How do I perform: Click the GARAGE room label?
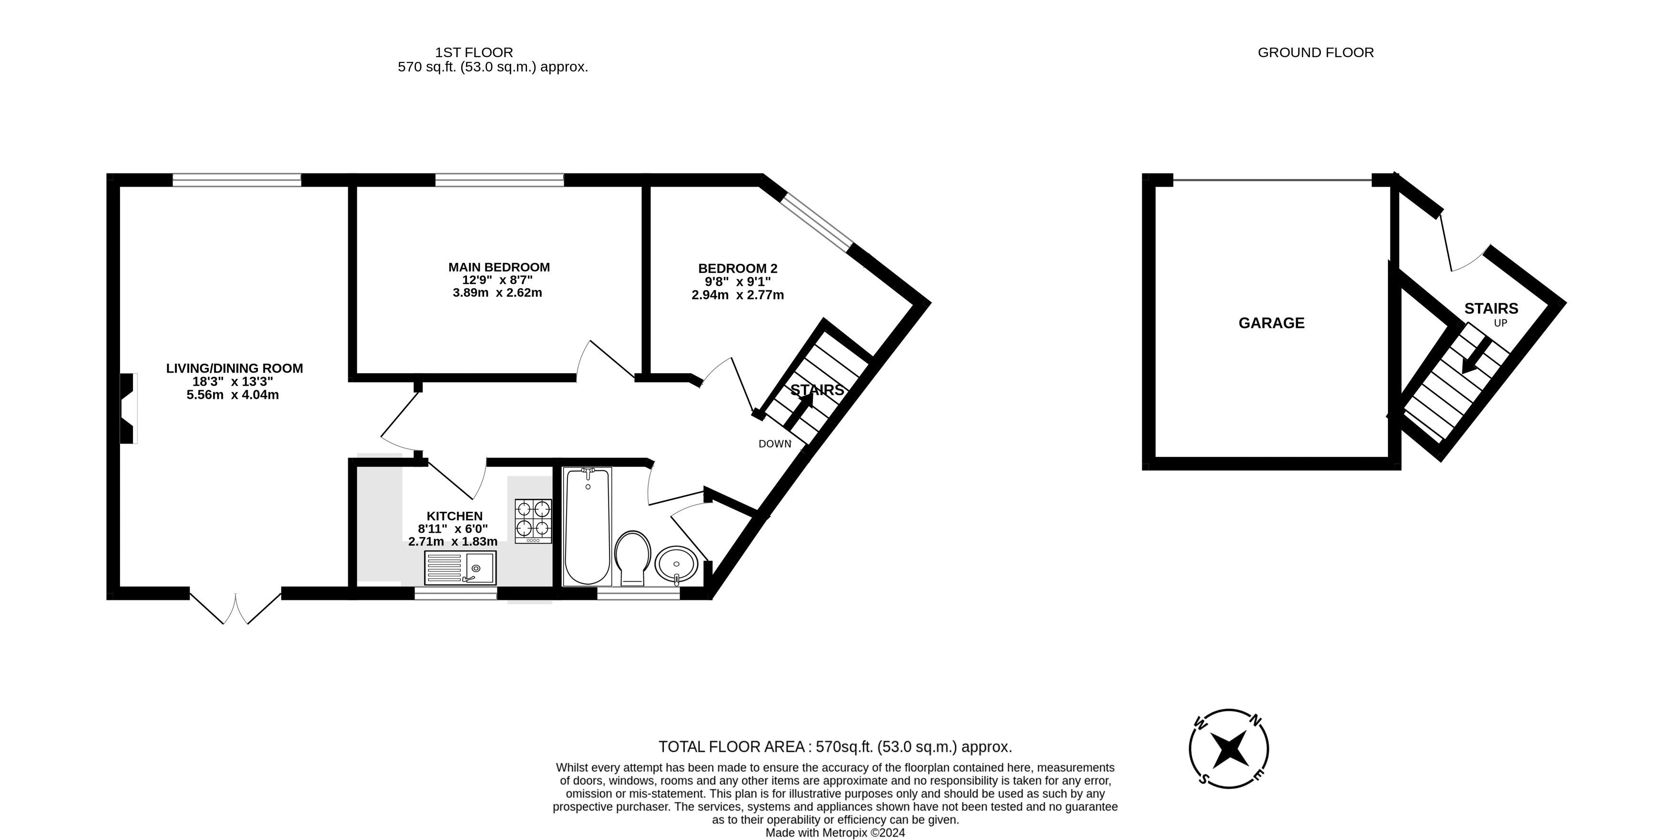pyautogui.click(x=1271, y=323)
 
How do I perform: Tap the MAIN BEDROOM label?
pyautogui.click(x=499, y=267)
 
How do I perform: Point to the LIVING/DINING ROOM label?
pyautogui.click(x=234, y=368)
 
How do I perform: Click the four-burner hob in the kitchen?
pyautogui.click(x=533, y=521)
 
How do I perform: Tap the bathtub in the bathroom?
pyautogui.click(x=587, y=526)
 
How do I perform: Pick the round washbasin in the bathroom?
pyautogui.click(x=676, y=564)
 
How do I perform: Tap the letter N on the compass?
pyautogui.click(x=1256, y=719)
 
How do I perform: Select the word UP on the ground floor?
pyautogui.click(x=1500, y=323)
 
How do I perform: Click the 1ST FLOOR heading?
pyautogui.click(x=474, y=52)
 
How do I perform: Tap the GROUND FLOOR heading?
pyautogui.click(x=1315, y=52)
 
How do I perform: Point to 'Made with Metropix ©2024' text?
pyautogui.click(x=835, y=833)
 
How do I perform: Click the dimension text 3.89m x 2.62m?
pyautogui.click(x=497, y=293)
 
